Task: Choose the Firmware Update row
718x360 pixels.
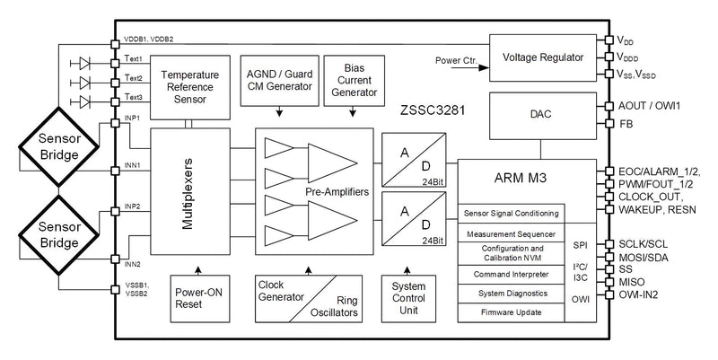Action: (x=512, y=312)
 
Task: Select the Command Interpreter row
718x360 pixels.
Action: (x=512, y=274)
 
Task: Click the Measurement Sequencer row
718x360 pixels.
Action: (x=512, y=233)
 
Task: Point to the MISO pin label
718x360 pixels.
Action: (x=632, y=281)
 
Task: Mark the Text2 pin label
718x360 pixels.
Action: (x=134, y=78)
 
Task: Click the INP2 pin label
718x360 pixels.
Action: (x=131, y=206)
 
